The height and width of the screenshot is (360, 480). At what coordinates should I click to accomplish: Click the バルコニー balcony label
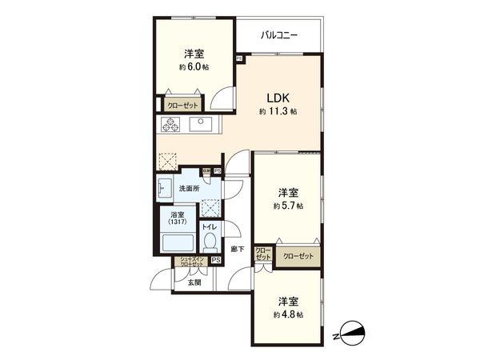coord(278,35)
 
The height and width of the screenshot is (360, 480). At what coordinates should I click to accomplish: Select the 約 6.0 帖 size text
coord(193,67)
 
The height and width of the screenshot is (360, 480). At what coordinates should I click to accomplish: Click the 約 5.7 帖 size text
coord(288,206)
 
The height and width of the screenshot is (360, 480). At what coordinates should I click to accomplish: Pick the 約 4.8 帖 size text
coord(288,314)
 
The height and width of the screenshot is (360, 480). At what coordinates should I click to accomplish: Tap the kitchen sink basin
coord(199,125)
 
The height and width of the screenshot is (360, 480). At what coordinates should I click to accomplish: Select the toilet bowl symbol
coord(210,241)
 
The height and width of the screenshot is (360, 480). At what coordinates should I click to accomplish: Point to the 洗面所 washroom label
coord(189,189)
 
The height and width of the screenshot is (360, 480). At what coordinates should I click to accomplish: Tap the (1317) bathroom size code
coord(177,222)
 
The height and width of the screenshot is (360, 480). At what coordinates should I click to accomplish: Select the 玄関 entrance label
coord(194,282)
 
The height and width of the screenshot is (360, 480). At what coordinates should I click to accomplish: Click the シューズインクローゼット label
coord(191,262)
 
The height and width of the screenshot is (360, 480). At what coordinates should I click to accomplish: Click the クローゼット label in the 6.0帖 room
coord(183,104)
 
